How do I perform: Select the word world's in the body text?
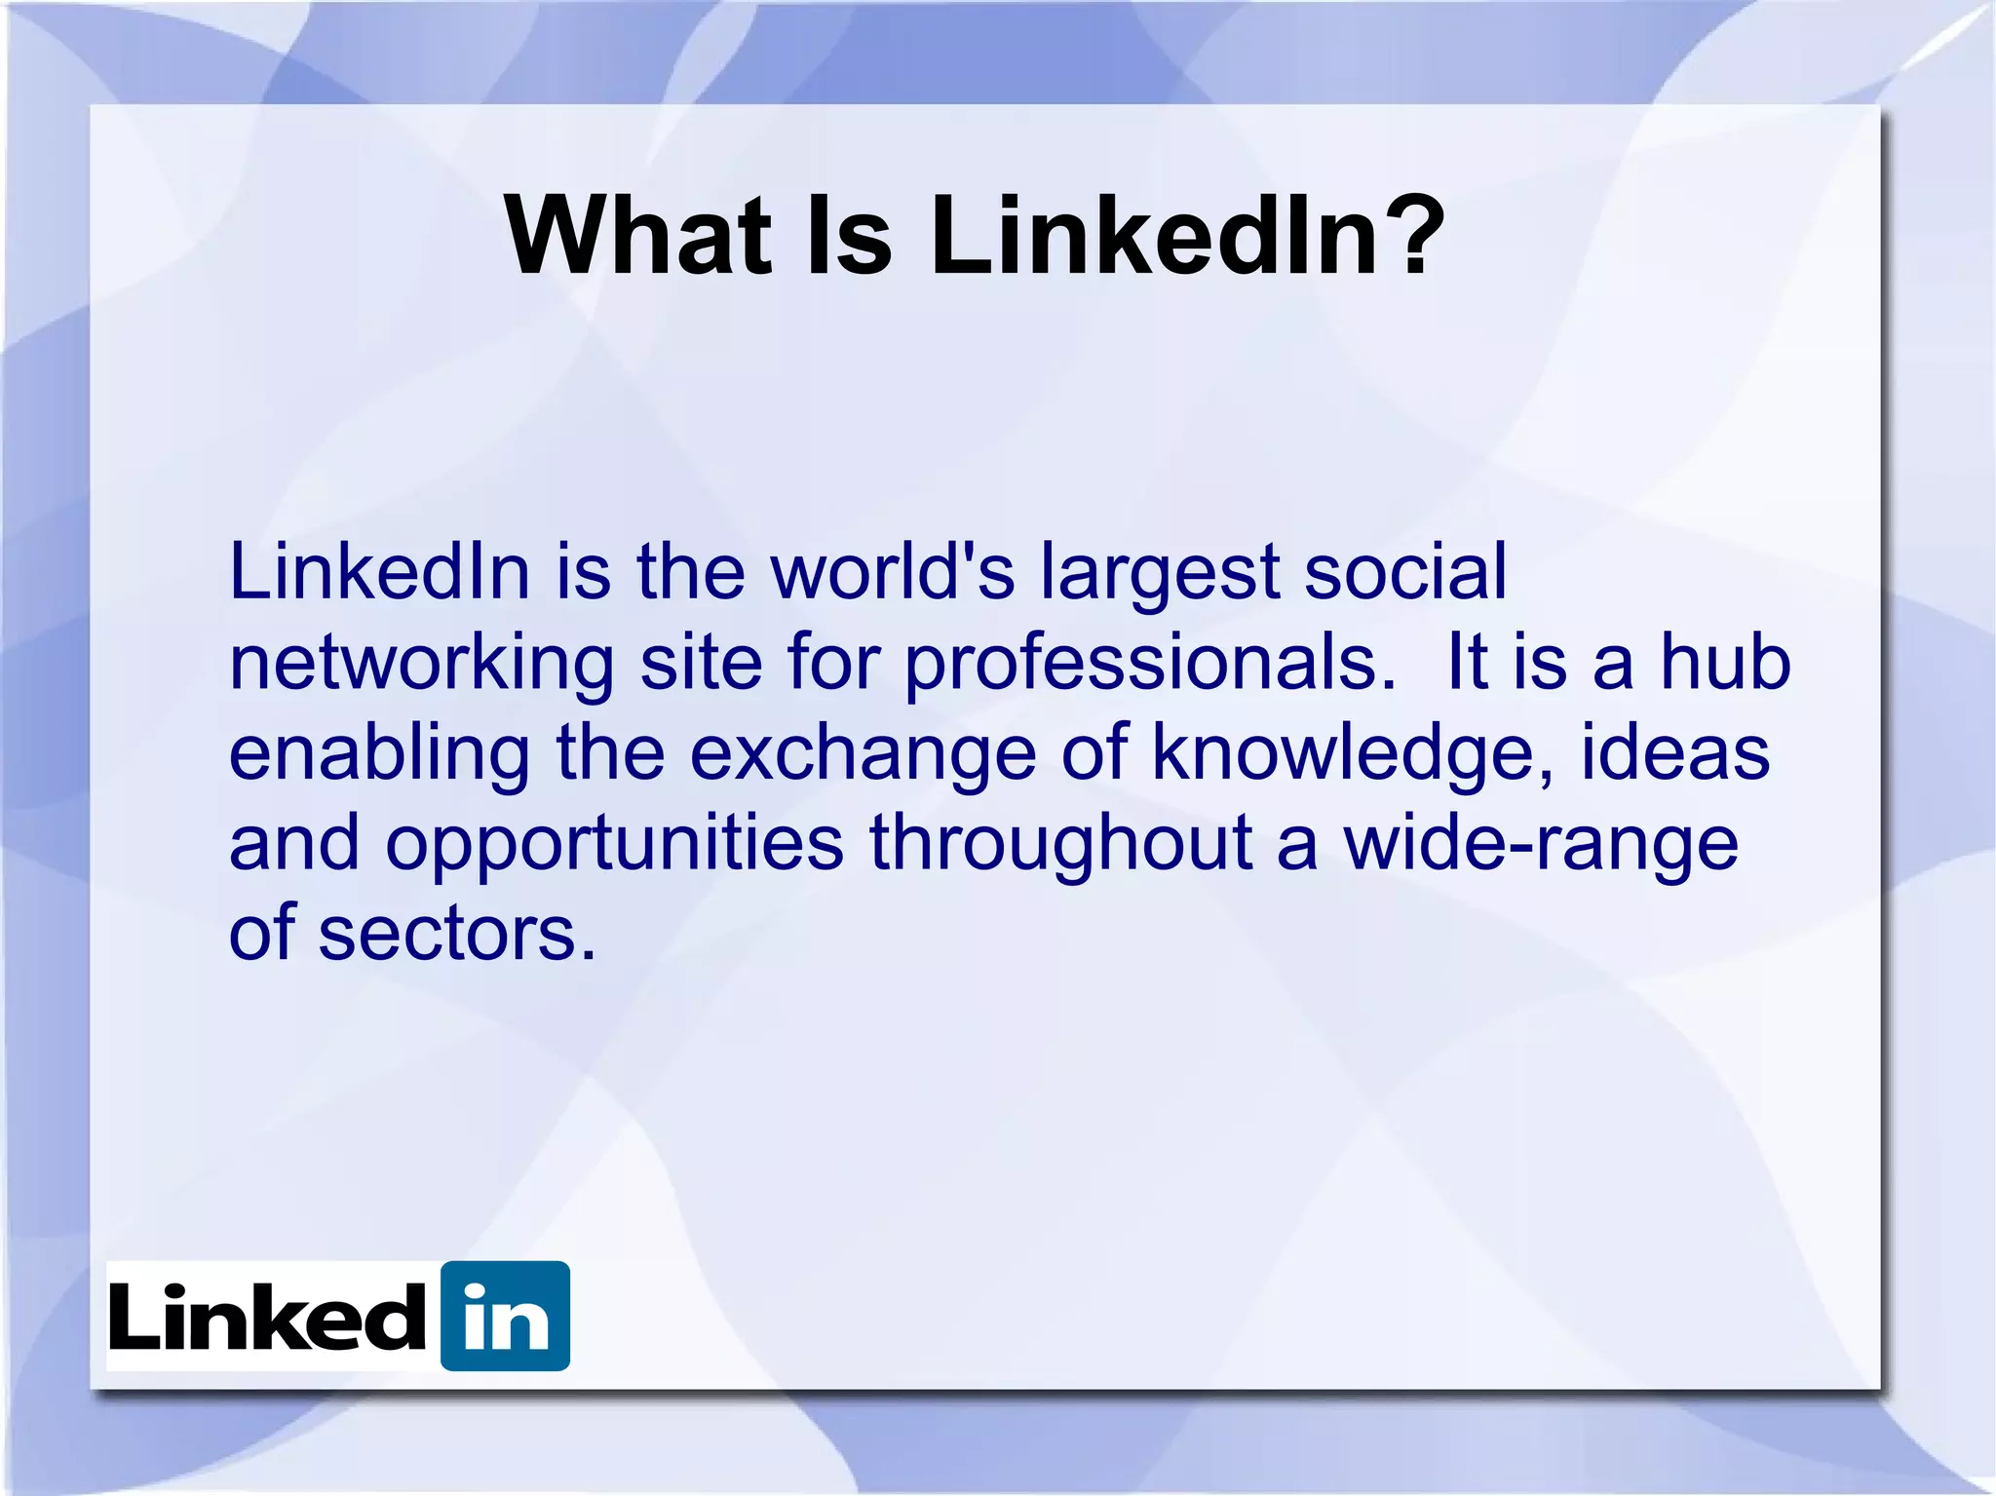[893, 572]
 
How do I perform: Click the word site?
[700, 663]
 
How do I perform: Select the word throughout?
[1060, 844]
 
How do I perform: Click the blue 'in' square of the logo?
[505, 1316]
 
